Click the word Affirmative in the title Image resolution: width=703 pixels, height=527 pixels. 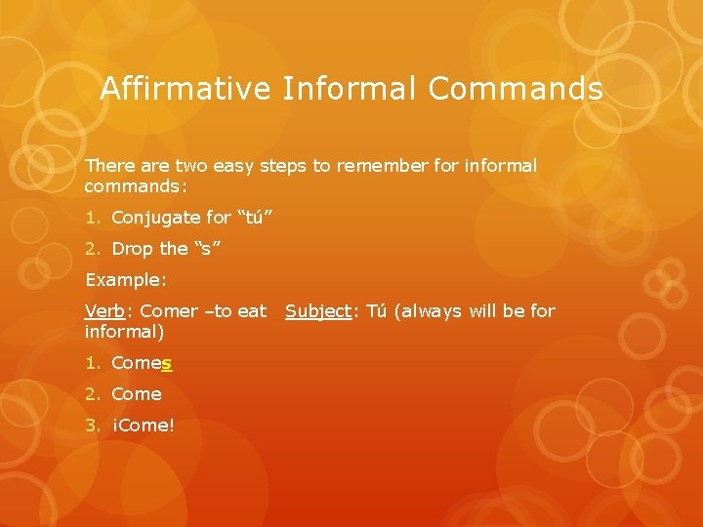(186, 90)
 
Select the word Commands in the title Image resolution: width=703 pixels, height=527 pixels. (515, 90)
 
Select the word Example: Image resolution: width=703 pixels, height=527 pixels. (126, 280)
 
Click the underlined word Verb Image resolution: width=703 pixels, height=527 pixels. (103, 311)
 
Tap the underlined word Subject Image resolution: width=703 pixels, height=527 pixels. (318, 311)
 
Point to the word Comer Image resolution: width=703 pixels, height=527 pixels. (169, 311)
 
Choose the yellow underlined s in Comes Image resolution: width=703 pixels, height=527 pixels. (167, 363)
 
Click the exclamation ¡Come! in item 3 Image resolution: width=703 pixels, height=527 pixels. (143, 426)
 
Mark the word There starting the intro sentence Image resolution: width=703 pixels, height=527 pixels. (107, 166)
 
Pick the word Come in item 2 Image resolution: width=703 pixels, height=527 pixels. (137, 394)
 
